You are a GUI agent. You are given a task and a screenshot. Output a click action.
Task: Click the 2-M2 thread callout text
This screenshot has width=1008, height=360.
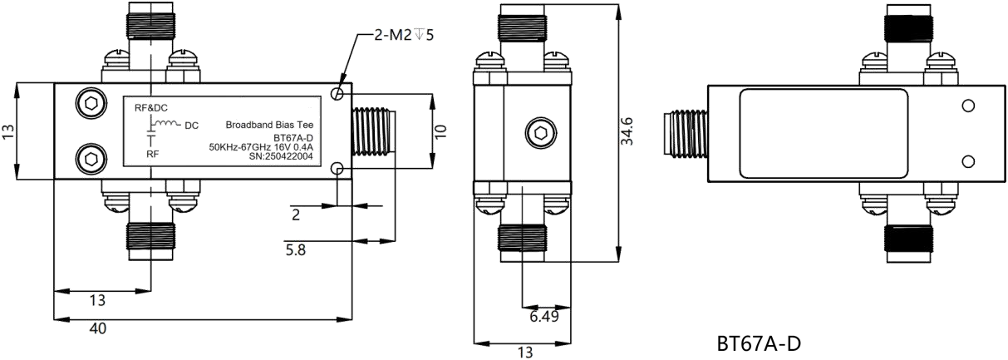point(404,35)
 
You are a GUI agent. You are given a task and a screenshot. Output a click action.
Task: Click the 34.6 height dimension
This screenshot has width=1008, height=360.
point(627,131)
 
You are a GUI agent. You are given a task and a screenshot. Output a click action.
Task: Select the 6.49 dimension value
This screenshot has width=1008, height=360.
point(544,316)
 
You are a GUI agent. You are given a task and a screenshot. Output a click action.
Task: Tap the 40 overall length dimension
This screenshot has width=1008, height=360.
point(98,328)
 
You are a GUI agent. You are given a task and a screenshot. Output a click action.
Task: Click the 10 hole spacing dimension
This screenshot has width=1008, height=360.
point(440,131)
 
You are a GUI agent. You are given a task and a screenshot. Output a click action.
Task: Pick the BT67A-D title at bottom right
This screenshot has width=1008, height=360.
point(760,344)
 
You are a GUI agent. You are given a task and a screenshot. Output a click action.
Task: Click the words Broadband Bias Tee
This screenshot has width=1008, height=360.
point(269,125)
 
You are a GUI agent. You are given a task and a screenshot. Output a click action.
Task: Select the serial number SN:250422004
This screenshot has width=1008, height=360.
point(281,156)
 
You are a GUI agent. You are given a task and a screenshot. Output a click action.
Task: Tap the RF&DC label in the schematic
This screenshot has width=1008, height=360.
point(151,108)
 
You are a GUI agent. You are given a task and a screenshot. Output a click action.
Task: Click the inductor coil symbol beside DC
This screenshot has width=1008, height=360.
point(167,123)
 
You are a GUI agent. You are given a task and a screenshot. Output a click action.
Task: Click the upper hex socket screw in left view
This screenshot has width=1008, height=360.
point(91,104)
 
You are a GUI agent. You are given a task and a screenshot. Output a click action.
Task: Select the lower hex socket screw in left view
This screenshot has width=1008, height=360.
point(91,159)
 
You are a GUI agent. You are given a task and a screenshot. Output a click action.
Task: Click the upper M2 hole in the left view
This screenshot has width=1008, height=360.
point(337,94)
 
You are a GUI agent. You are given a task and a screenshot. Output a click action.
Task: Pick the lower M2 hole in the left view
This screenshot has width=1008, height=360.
point(337,169)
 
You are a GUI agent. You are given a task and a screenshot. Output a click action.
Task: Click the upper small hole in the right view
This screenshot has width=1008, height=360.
point(968,106)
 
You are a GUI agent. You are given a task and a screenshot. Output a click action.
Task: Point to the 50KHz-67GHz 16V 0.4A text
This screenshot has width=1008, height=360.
point(261,147)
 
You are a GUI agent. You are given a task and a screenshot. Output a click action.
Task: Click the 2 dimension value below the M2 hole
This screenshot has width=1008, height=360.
point(296,215)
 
